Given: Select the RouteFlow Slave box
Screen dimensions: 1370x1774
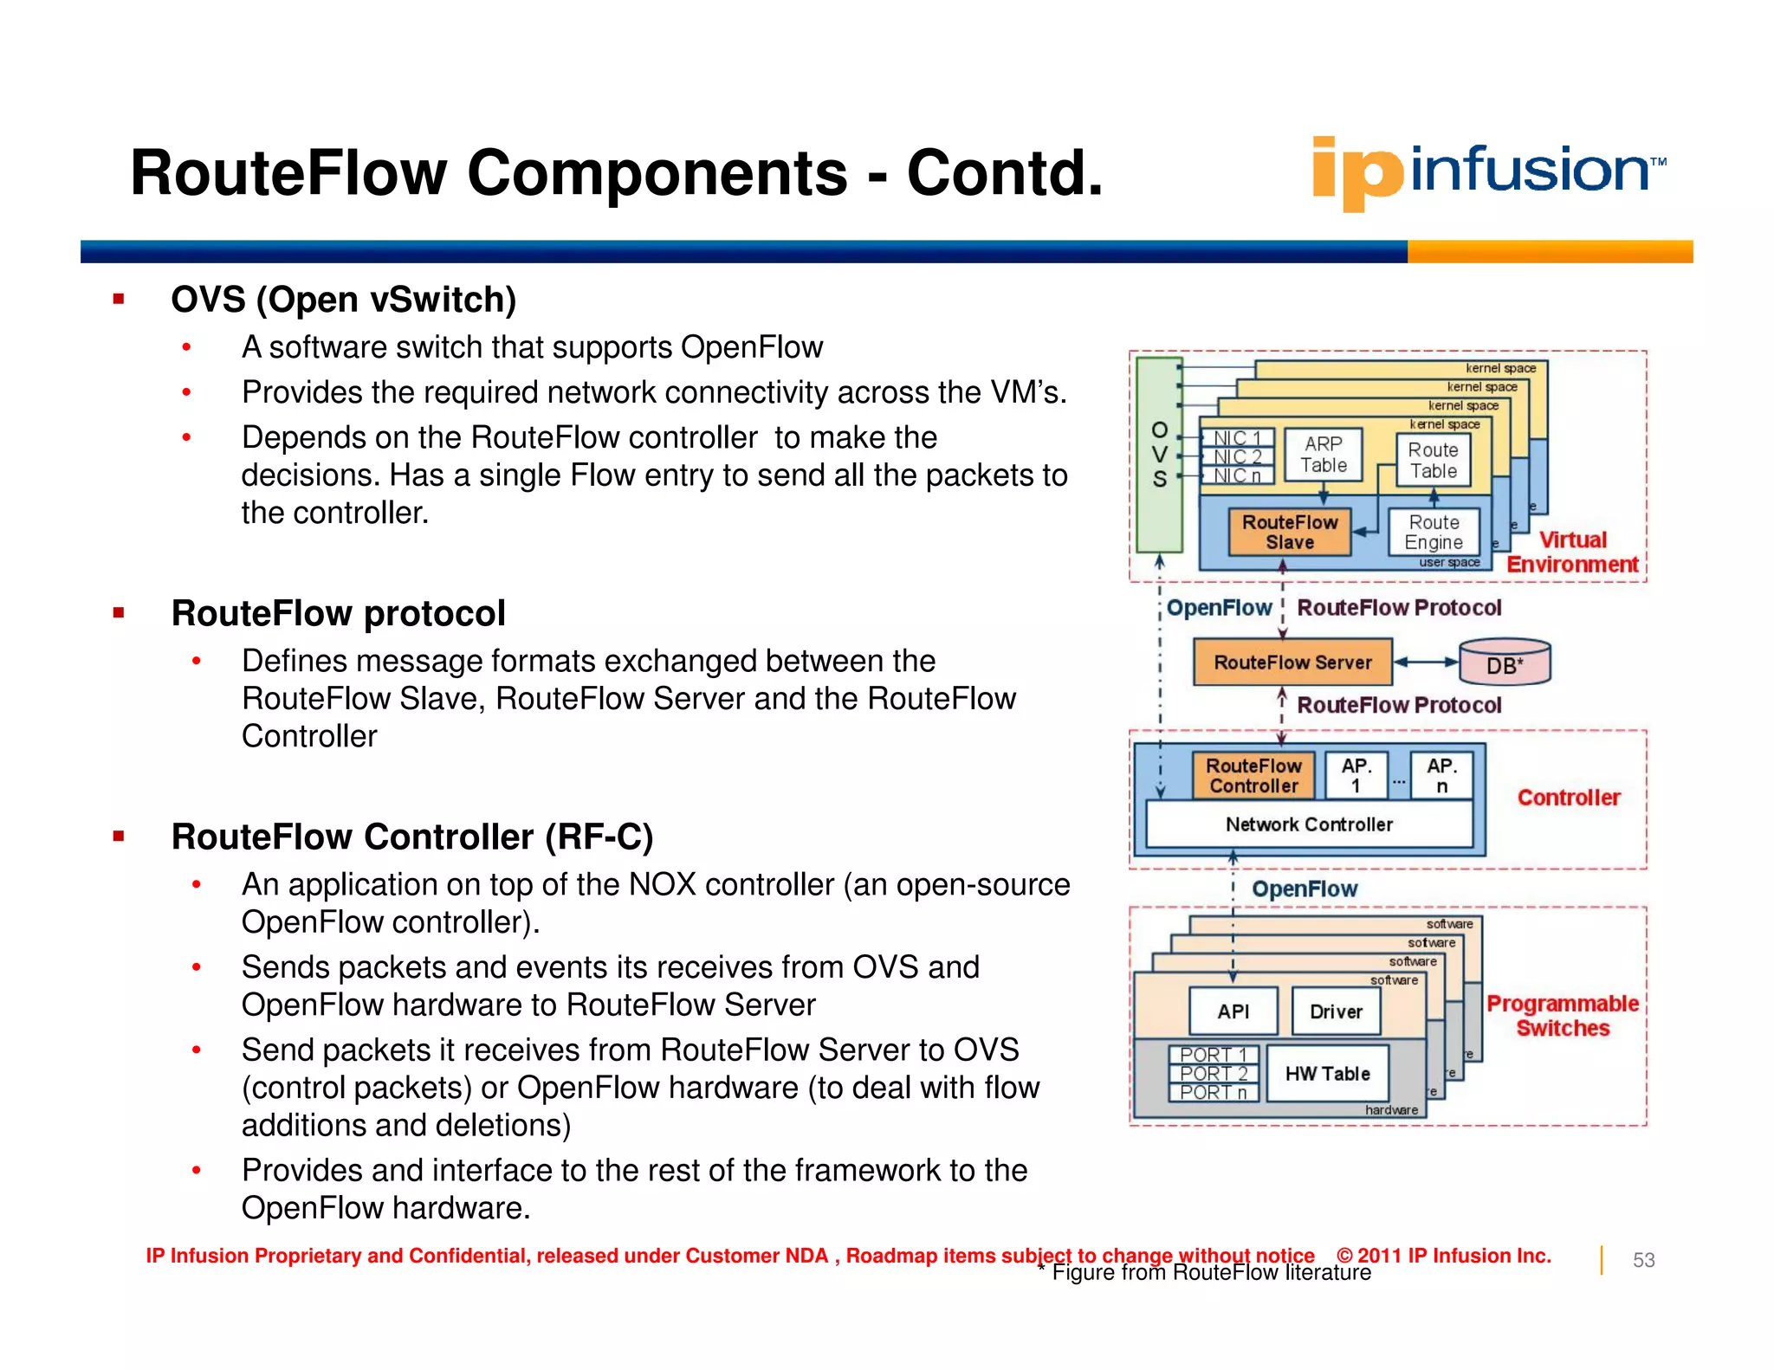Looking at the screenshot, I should (x=1290, y=532).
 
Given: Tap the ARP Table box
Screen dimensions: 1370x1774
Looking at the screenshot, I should (x=1323, y=455).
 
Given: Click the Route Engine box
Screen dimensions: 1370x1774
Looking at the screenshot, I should (x=1434, y=532).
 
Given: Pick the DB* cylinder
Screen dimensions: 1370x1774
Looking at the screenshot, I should (x=1505, y=663).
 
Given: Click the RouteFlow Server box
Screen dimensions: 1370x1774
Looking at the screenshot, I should (x=1292, y=662).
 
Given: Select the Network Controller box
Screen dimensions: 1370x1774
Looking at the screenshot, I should (x=1309, y=824).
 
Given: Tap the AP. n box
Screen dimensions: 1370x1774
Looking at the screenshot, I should (x=1441, y=775).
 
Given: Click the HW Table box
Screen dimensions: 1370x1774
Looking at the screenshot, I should (x=1327, y=1073).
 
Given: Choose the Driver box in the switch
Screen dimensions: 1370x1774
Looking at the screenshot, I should (x=1336, y=1011).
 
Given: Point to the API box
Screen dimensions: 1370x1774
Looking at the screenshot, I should (x=1233, y=1011).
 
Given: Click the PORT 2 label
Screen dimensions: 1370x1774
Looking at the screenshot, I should (x=1213, y=1073).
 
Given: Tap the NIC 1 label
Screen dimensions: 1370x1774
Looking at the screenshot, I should (x=1237, y=438).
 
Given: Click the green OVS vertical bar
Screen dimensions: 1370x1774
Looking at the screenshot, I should (x=1159, y=455).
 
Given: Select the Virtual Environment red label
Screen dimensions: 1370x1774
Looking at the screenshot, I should (x=1572, y=552).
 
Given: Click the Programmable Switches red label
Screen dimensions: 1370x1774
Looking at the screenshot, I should (x=1563, y=1015).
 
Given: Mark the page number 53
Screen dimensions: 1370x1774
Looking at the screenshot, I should (x=1643, y=1260).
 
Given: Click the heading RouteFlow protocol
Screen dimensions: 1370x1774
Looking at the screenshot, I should (x=338, y=613).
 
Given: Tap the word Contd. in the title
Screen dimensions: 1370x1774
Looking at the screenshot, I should (x=1005, y=173).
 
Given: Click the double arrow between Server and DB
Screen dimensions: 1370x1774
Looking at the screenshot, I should (x=1426, y=662).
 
